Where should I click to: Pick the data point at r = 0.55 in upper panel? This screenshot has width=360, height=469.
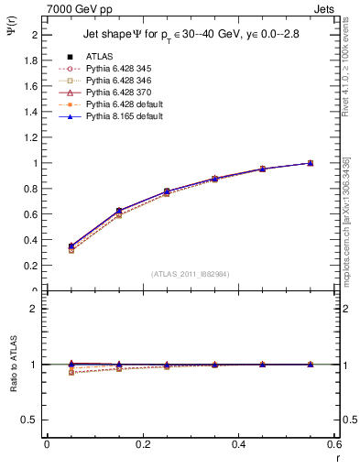tap(310, 163)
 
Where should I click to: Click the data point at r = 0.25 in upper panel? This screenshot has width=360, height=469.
tap(166, 191)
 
